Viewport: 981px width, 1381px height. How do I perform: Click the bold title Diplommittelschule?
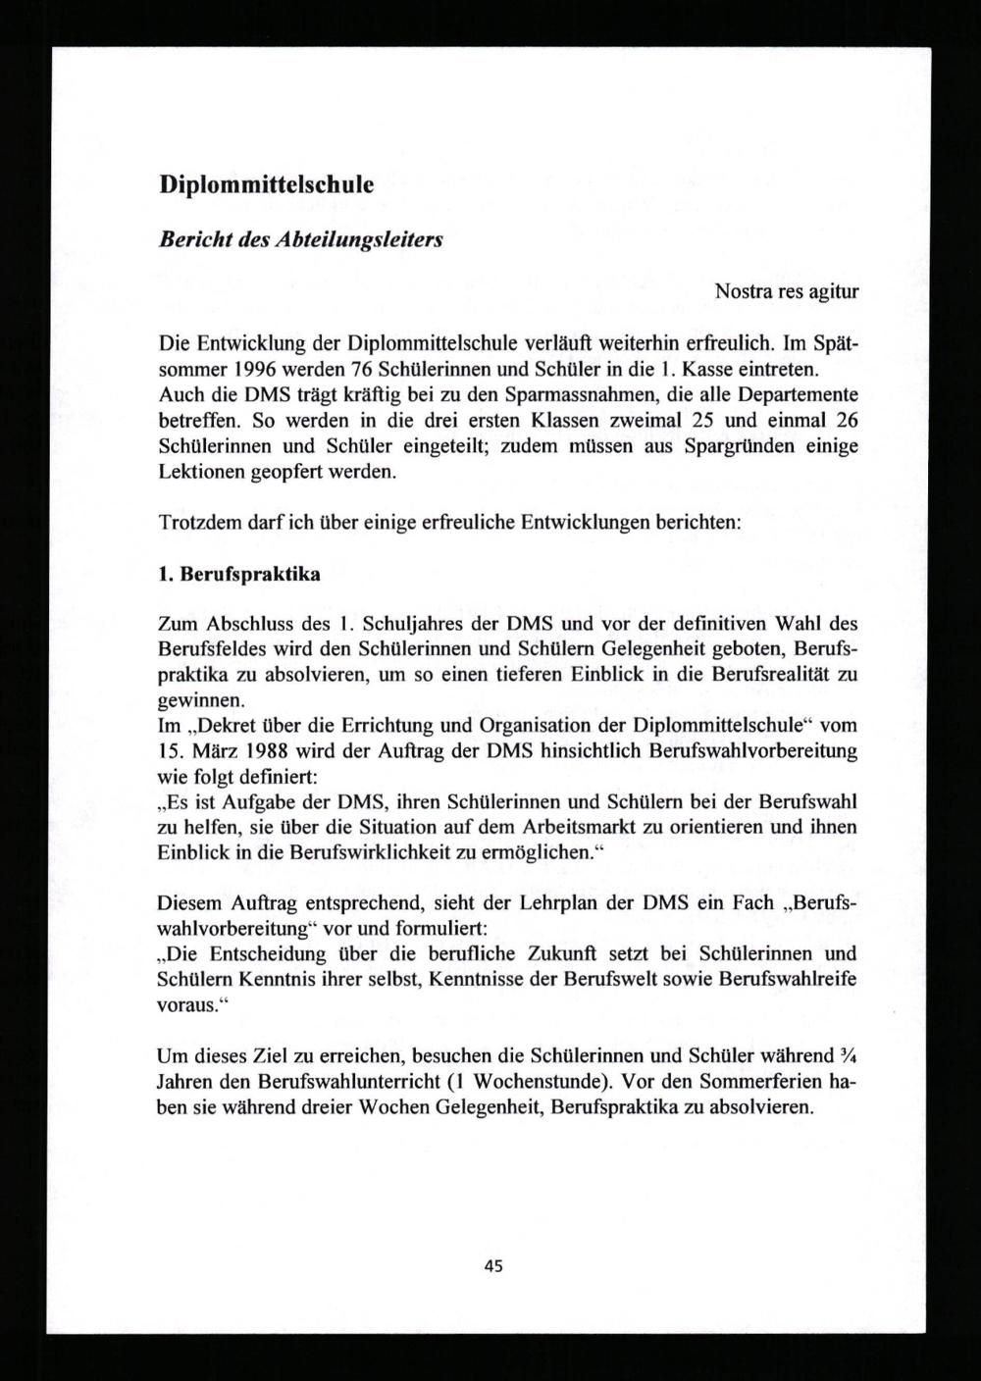266,184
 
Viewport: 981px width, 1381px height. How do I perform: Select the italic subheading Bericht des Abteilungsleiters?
300,239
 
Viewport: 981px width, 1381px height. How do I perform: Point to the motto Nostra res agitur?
787,291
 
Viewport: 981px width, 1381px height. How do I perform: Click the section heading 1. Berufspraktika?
239,575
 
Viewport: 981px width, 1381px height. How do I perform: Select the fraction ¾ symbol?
850,1056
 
